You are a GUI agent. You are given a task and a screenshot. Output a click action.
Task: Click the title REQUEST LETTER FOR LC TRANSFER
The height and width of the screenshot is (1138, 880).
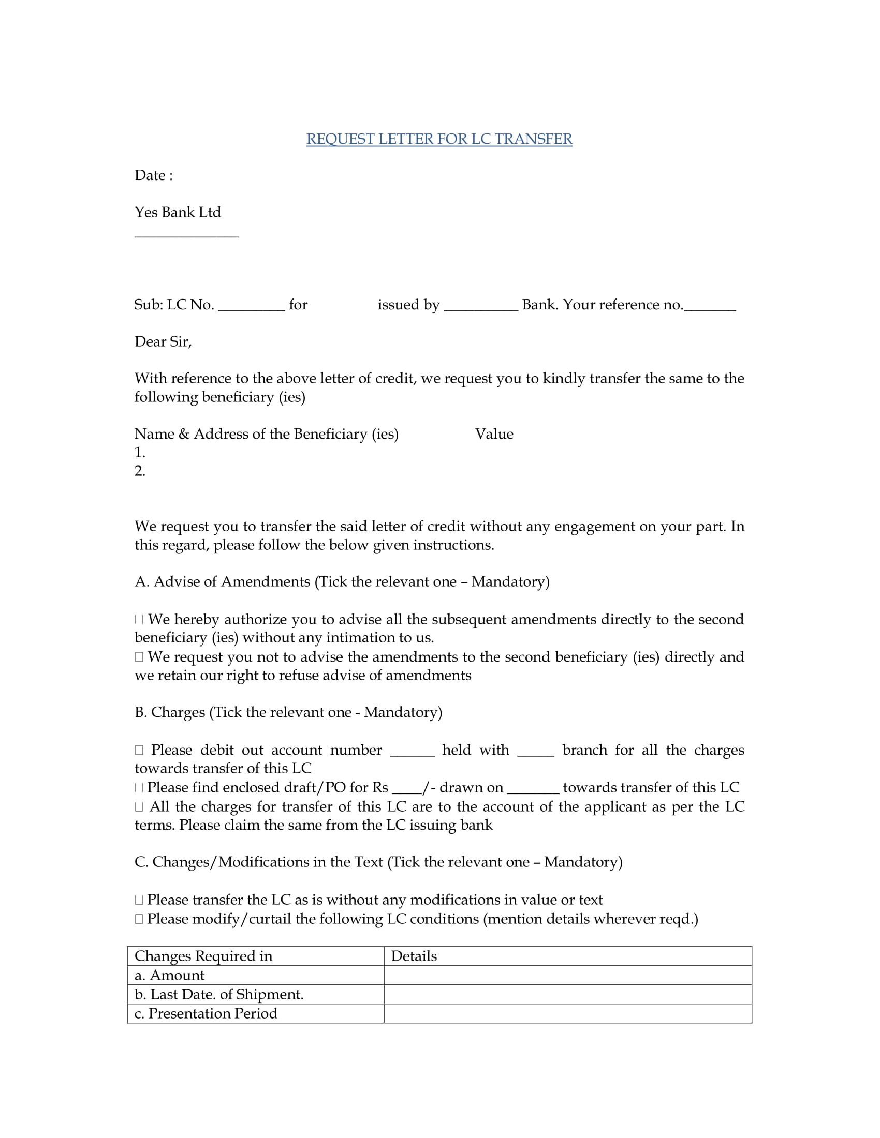point(439,139)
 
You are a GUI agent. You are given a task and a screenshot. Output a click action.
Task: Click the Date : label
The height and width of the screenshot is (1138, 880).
point(153,175)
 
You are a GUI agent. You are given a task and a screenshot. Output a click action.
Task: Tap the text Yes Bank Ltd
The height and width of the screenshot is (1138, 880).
point(177,212)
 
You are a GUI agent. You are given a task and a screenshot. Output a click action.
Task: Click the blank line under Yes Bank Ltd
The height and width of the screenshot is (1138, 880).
point(186,235)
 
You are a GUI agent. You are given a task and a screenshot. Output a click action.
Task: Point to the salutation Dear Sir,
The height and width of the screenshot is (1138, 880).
point(163,342)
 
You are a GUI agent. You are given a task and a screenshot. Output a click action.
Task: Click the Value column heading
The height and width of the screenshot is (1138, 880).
point(494,434)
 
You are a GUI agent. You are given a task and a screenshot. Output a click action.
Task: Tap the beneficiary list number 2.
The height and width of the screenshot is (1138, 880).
point(140,471)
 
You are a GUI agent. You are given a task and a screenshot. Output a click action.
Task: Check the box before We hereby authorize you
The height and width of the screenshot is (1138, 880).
point(139,620)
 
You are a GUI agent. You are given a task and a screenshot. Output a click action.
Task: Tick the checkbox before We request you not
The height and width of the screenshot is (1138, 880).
point(139,657)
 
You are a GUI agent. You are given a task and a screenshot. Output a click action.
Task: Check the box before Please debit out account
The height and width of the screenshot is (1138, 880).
point(139,751)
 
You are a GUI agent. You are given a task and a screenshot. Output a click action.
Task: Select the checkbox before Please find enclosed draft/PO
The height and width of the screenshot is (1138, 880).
point(139,788)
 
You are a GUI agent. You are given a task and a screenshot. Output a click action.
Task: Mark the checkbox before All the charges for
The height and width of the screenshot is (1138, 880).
point(139,807)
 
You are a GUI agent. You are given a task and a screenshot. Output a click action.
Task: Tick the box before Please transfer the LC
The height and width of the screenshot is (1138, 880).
point(139,900)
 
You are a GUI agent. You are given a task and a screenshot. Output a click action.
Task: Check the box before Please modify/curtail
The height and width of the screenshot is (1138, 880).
point(139,919)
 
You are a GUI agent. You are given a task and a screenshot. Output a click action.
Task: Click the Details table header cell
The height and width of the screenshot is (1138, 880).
point(567,956)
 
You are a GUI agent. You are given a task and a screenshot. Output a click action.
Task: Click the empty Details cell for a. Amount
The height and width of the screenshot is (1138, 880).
point(567,976)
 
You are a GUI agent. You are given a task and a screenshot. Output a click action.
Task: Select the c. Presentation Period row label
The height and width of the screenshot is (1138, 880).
point(206,1013)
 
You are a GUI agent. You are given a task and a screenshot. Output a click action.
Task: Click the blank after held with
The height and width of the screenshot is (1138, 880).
point(535,752)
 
